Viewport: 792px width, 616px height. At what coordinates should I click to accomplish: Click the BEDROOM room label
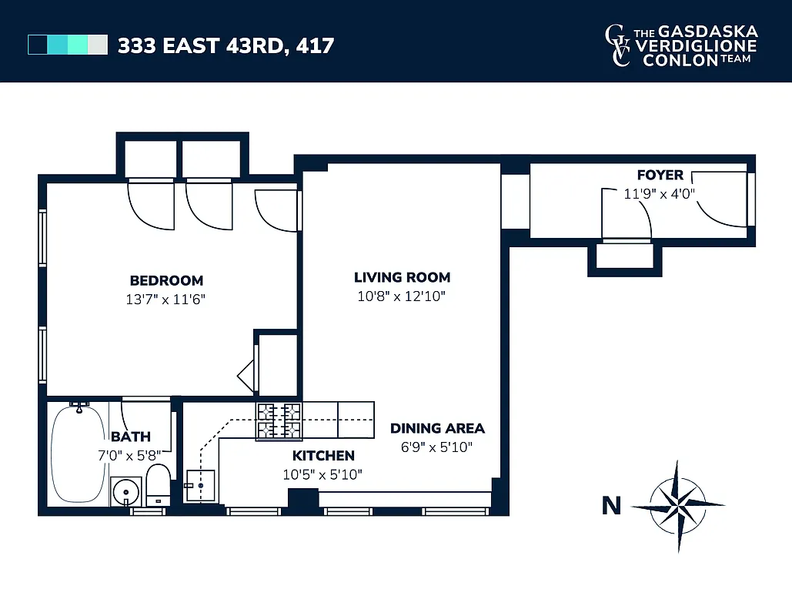click(166, 280)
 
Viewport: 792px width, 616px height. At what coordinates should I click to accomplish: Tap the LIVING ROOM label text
click(402, 277)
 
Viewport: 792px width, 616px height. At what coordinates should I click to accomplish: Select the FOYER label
click(660, 176)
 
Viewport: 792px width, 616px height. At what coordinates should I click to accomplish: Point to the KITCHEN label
click(322, 456)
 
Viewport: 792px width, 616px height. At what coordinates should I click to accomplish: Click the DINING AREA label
click(437, 429)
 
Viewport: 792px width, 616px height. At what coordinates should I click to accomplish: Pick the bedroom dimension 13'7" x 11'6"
click(166, 300)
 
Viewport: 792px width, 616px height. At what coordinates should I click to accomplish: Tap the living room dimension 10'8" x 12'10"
click(402, 296)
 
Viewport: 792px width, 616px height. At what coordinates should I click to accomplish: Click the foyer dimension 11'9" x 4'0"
click(660, 193)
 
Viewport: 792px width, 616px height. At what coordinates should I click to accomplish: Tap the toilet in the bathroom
click(158, 484)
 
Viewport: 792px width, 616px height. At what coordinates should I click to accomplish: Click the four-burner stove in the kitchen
click(279, 421)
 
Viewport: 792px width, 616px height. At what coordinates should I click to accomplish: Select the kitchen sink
click(201, 485)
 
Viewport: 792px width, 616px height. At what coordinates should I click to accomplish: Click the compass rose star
click(677, 506)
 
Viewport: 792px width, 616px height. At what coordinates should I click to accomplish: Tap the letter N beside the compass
click(611, 506)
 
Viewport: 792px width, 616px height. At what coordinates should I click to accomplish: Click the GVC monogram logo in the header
click(617, 45)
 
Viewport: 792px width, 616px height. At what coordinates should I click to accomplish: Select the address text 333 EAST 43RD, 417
click(226, 45)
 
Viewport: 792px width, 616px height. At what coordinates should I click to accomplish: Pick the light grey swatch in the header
click(98, 45)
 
